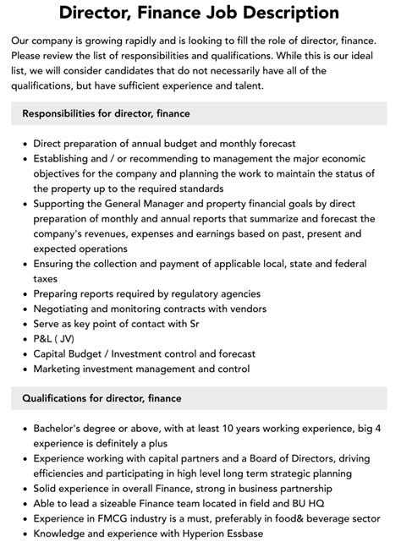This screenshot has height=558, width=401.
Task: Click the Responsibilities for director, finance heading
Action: click(106, 112)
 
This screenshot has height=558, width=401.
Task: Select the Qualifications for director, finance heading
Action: click(102, 397)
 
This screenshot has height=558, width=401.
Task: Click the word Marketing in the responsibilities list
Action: click(62, 369)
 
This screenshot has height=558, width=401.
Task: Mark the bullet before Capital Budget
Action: click(23, 353)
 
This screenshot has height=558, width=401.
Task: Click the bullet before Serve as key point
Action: click(23, 323)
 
